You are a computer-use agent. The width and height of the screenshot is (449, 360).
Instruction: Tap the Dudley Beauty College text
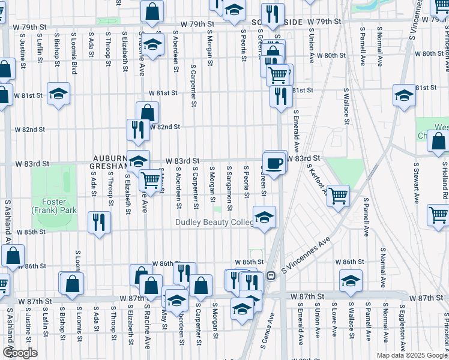(213, 223)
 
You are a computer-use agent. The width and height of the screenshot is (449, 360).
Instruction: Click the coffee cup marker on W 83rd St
(275, 163)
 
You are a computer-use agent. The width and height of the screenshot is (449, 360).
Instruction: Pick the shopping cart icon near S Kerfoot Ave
(339, 194)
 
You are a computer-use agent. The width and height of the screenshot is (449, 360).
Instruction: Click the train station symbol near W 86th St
(271, 276)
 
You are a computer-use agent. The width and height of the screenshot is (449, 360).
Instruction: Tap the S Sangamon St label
(230, 185)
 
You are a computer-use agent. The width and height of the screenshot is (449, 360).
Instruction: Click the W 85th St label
(31, 232)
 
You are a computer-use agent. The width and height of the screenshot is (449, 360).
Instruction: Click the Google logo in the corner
(19, 353)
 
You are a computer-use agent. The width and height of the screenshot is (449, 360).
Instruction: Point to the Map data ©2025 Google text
(411, 355)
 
